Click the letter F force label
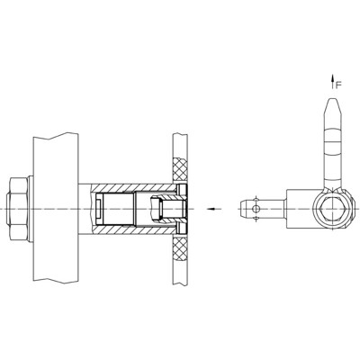pos(337,85)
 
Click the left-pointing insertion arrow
pos(213,209)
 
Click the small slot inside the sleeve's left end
pos(98,209)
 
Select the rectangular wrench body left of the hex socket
pos(301,209)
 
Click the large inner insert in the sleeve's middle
pos(117,209)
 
